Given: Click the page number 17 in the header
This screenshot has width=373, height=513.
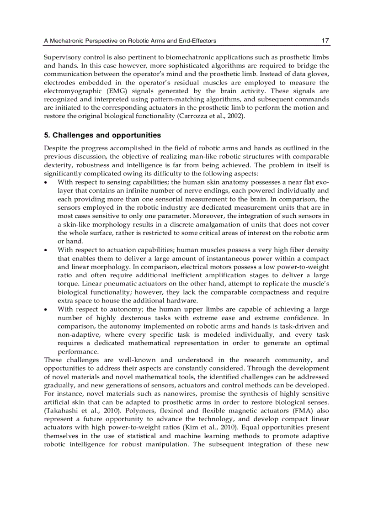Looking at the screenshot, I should point(325,41).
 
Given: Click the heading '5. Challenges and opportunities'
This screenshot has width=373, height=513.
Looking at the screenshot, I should point(102,135).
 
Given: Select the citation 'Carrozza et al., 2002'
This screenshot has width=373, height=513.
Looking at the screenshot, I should point(211,116).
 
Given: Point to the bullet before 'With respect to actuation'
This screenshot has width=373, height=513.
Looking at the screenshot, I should point(46,250).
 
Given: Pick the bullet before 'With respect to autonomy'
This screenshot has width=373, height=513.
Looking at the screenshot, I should point(46,309).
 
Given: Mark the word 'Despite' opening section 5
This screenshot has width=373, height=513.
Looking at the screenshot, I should point(55,148).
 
